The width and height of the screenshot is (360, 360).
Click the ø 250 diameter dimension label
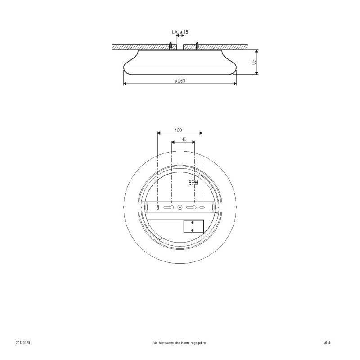coord(180,81)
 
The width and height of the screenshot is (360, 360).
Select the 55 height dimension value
coord(253,62)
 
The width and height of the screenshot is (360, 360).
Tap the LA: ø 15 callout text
coord(180,32)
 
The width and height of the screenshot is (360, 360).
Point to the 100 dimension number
coord(179,130)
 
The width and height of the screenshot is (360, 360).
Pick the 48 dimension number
coord(184,140)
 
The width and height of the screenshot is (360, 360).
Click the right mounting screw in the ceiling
coord(197,45)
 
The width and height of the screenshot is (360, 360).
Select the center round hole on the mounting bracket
coord(180,207)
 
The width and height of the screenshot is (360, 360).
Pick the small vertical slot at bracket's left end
coord(158,207)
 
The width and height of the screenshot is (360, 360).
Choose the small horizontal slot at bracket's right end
coord(202,207)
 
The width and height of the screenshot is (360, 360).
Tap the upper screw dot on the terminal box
coord(193,222)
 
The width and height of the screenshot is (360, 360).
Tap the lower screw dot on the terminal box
coord(193,229)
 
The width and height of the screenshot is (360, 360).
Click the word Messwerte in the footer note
coord(167,343)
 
